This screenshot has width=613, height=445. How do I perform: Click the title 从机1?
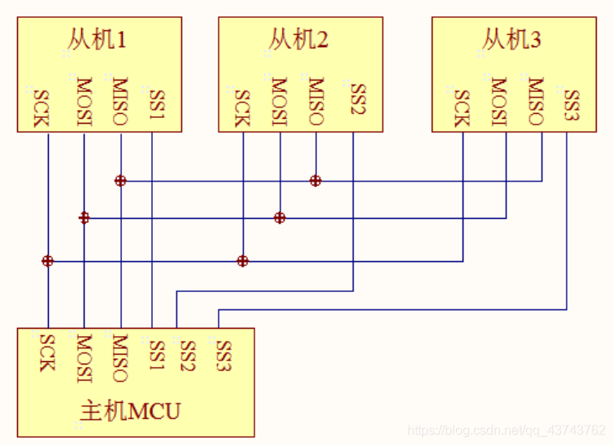[95, 39]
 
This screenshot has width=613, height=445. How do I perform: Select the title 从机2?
[298, 39]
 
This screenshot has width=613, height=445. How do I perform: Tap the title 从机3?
[511, 39]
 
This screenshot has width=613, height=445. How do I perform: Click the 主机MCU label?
[130, 411]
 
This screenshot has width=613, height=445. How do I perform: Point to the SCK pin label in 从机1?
[40, 107]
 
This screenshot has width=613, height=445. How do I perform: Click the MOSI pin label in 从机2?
[280, 102]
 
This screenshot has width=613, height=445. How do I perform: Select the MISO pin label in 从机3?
[535, 102]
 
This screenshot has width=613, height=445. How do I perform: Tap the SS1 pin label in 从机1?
[156, 103]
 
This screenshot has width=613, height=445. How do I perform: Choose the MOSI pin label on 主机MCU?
[84, 357]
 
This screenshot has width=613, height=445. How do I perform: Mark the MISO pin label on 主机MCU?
[120, 357]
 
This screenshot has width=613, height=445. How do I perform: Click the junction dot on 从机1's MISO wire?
[120, 181]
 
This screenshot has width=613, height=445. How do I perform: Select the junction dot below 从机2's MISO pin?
[315, 181]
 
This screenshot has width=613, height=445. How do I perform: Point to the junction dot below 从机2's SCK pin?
[242, 261]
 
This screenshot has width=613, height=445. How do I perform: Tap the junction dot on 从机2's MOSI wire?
[280, 218]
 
